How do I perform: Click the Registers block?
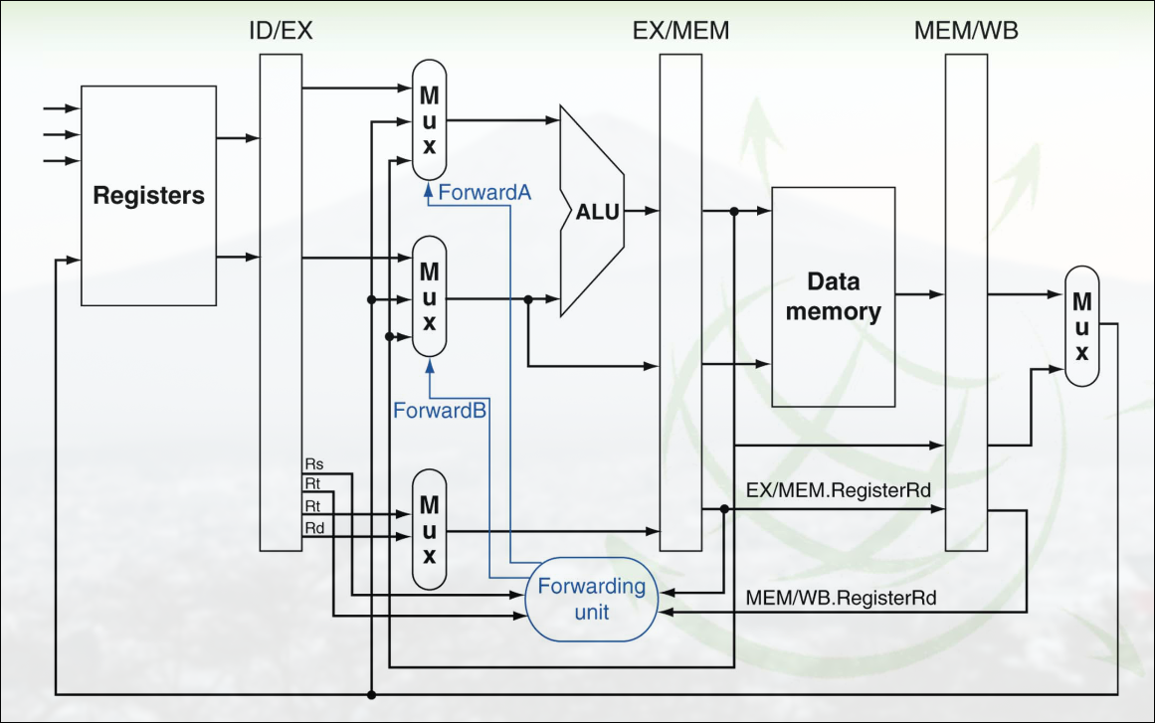click(x=148, y=195)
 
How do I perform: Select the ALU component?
click(x=594, y=211)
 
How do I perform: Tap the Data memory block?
click(x=834, y=296)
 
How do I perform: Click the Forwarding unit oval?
click(x=591, y=598)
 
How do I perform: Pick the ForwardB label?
click(x=439, y=409)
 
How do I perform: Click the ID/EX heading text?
click(x=281, y=31)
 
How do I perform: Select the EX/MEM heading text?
click(x=680, y=31)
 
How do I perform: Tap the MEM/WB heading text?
click(x=965, y=31)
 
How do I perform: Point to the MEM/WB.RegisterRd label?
click(x=841, y=599)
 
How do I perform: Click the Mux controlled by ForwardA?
click(x=429, y=120)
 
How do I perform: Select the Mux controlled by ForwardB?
click(x=429, y=296)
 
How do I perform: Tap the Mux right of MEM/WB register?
click(x=1081, y=326)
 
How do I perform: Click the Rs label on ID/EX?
click(x=313, y=463)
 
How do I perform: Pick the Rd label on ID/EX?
click(x=313, y=526)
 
